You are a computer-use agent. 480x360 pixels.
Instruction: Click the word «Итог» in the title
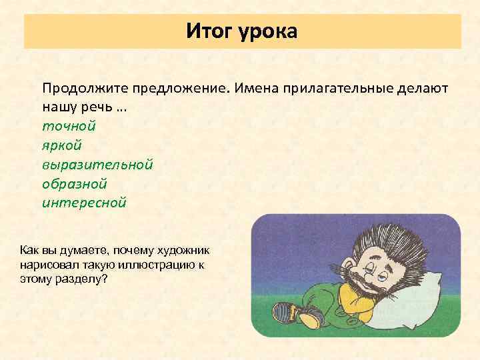tap(208, 31)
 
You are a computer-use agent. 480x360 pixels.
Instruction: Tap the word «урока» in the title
tap(265, 31)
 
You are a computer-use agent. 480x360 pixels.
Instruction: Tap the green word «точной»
tap(69, 125)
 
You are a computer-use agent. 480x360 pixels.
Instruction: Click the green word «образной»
tap(75, 183)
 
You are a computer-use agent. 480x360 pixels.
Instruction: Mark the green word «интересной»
tap(84, 202)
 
